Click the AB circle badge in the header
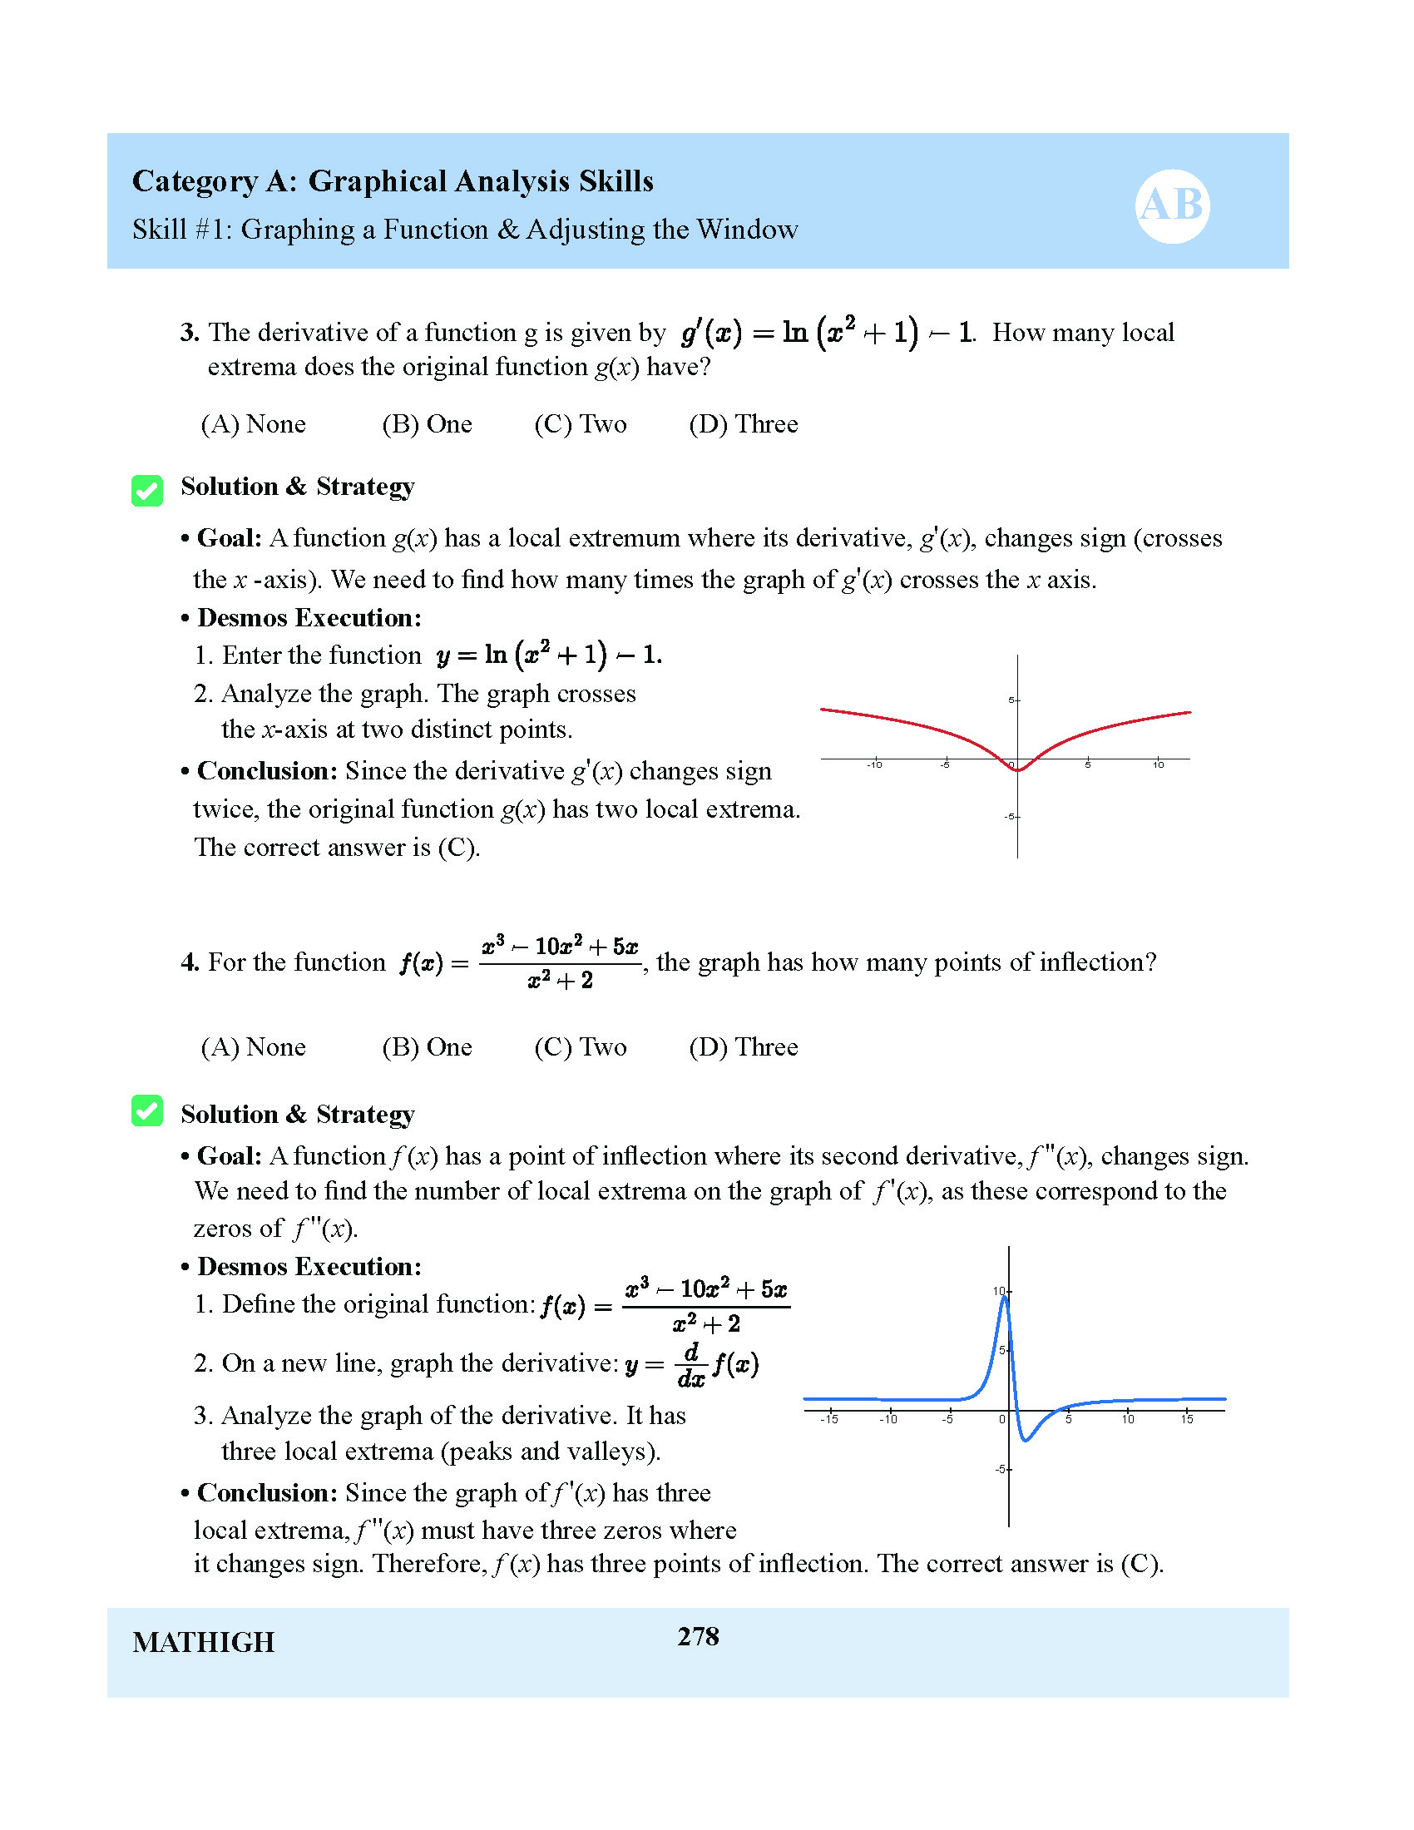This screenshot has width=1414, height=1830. (1172, 205)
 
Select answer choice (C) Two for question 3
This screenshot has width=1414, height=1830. (580, 424)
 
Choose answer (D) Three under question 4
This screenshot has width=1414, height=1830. (743, 1046)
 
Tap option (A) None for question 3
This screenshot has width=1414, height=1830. (253, 424)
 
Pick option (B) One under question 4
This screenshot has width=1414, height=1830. (427, 1046)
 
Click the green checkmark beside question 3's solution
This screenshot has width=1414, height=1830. (147, 491)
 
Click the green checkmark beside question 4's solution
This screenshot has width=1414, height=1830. (147, 1111)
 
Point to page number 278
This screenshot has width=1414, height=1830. (698, 1635)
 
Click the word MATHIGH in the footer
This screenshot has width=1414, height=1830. (204, 1642)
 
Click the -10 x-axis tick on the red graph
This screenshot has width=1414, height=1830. (874, 764)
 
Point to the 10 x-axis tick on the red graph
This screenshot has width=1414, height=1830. (1158, 764)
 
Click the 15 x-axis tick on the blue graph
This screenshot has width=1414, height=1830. (1187, 1418)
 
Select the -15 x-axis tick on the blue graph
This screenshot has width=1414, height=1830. (829, 1418)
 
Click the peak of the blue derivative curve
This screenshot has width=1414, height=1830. (1005, 1298)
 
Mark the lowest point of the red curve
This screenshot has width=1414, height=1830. (1018, 770)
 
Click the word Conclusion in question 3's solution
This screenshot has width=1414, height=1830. (267, 771)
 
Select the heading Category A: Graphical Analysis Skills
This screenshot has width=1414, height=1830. (393, 181)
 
